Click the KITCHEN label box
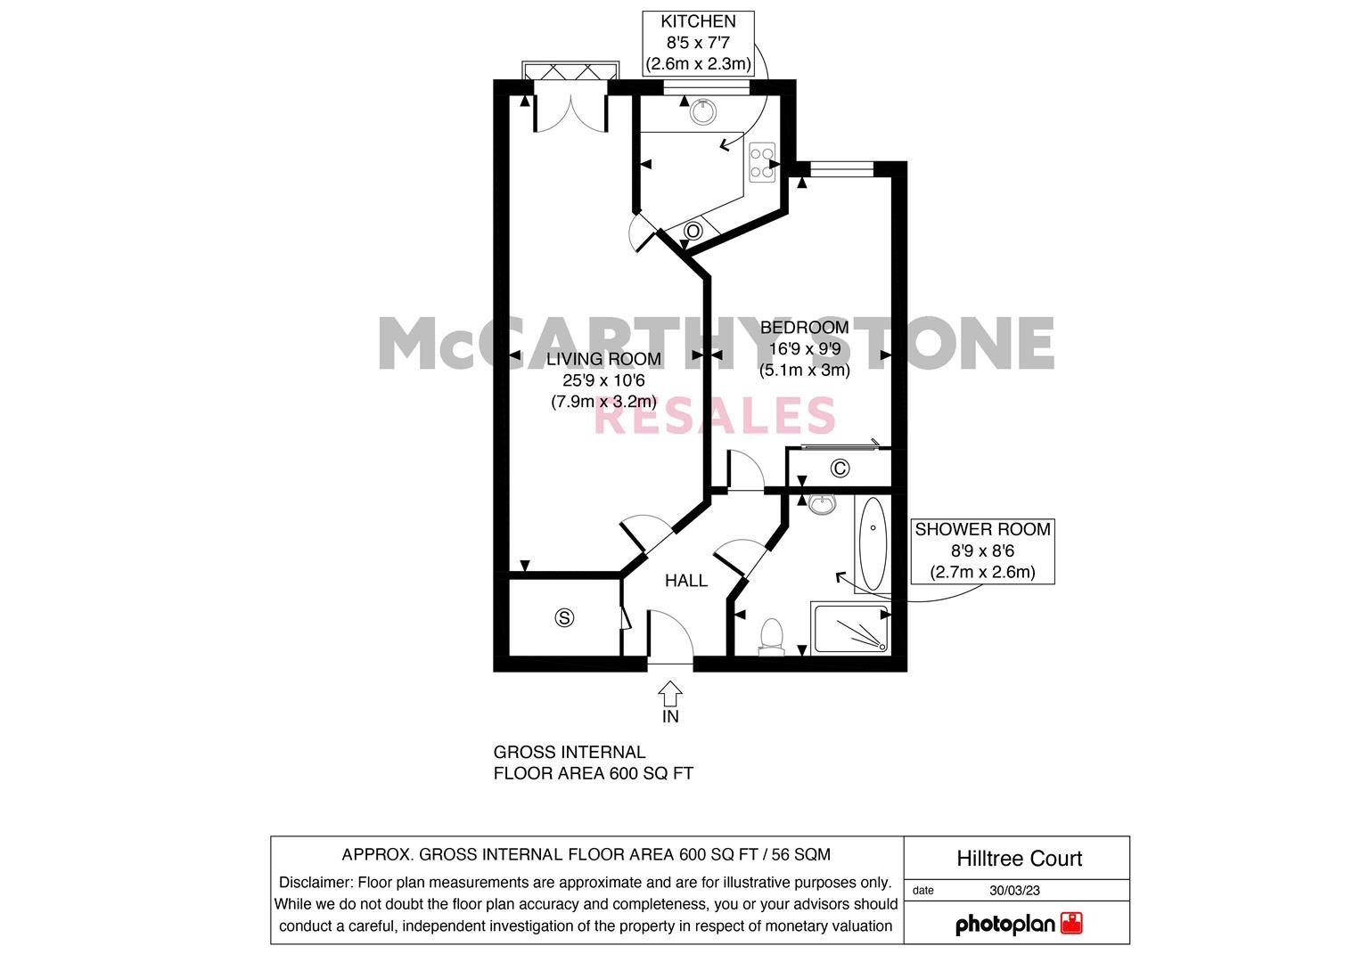pyautogui.click(x=699, y=43)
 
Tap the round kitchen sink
pyautogui.click(x=704, y=110)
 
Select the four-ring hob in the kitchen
pyautogui.click(x=762, y=161)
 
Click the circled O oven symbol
pyautogui.click(x=693, y=232)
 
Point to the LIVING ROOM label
pyautogui.click(x=603, y=359)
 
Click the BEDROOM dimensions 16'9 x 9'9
pyautogui.click(x=804, y=349)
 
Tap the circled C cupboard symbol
pyautogui.click(x=839, y=468)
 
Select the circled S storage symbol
pyautogui.click(x=563, y=616)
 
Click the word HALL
pyautogui.click(x=686, y=581)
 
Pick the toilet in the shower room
pyautogui.click(x=771, y=636)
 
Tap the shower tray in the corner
pyautogui.click(x=850, y=628)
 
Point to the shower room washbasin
pyautogui.click(x=821, y=505)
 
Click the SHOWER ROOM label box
pyautogui.click(x=982, y=550)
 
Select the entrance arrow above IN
pyautogui.click(x=670, y=692)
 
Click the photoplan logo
pyautogui.click(x=1019, y=924)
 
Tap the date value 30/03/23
pyautogui.click(x=1014, y=890)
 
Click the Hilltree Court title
pyautogui.click(x=1019, y=859)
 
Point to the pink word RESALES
pyautogui.click(x=714, y=416)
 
